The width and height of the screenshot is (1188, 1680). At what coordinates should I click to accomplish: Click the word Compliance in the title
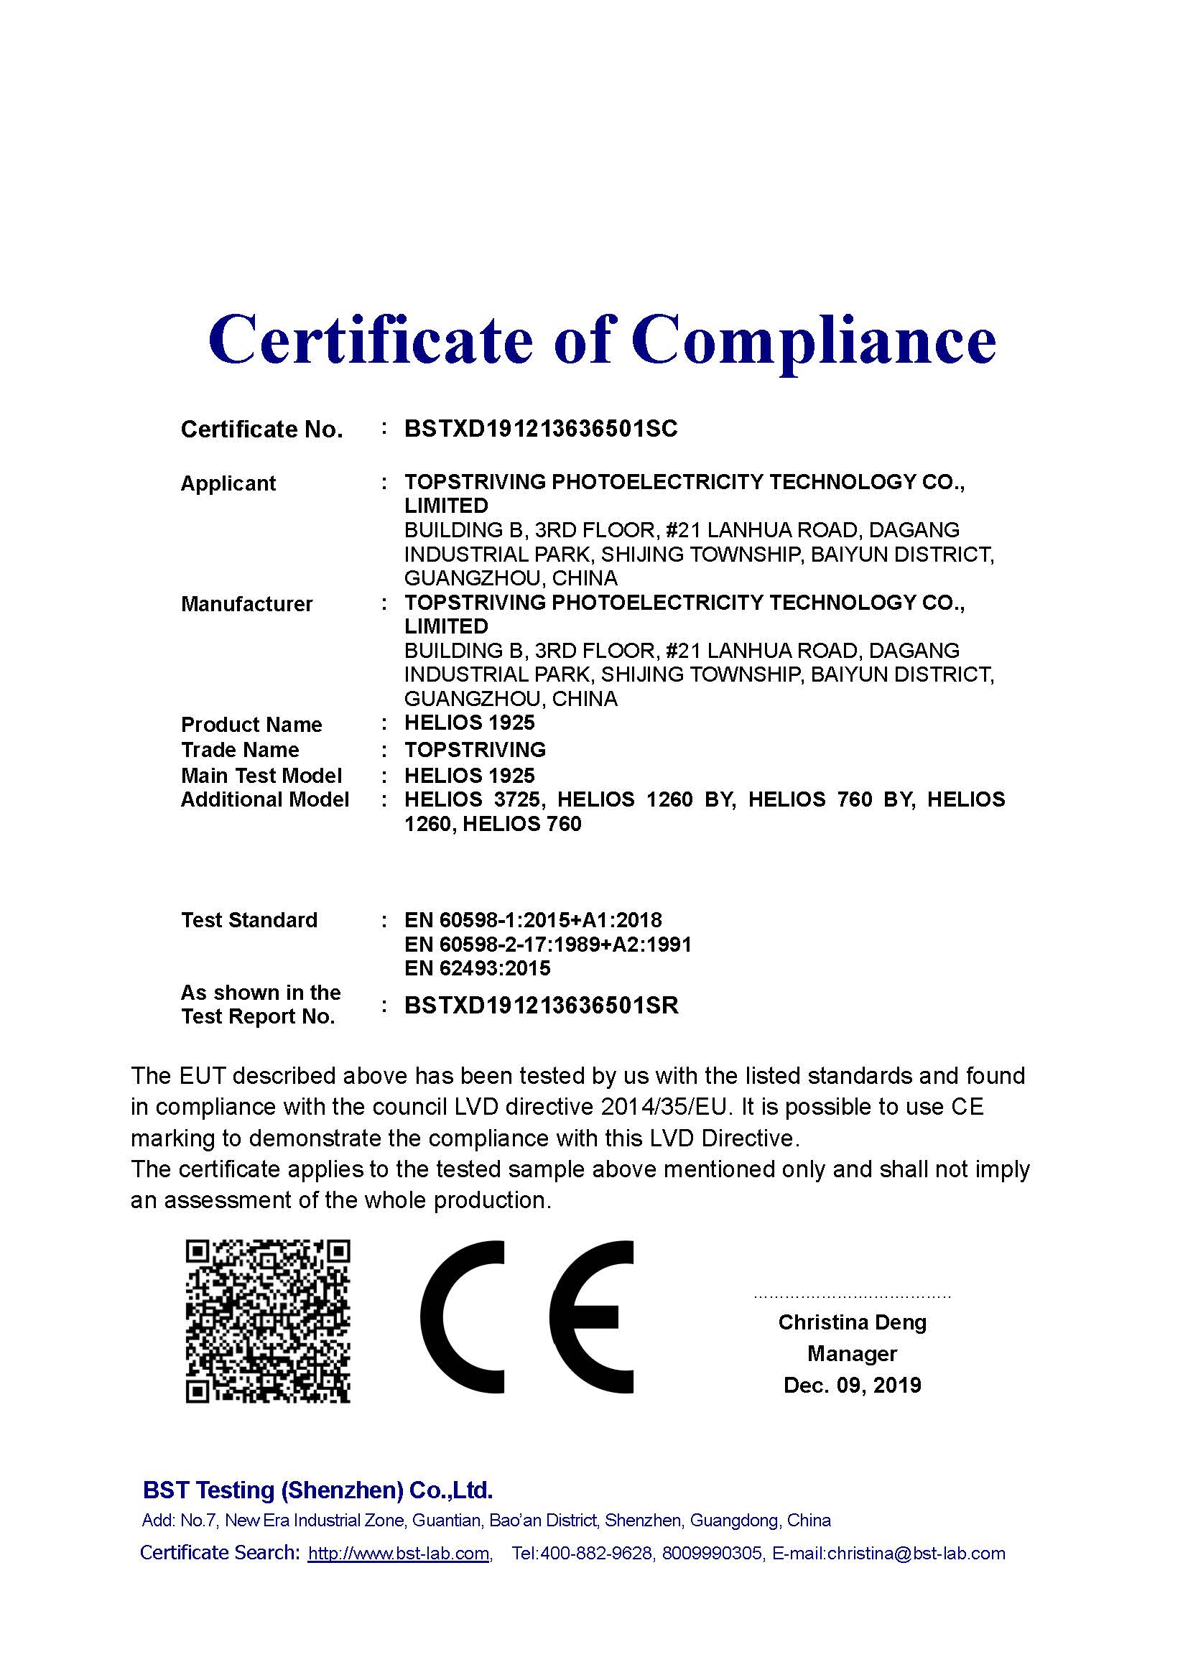pyautogui.click(x=814, y=340)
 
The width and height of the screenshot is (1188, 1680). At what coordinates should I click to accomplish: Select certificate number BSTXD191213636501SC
pyautogui.click(x=541, y=429)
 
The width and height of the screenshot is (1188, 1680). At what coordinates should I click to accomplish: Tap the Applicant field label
pyautogui.click(x=228, y=483)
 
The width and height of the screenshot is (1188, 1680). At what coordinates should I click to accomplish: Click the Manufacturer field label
pyautogui.click(x=246, y=603)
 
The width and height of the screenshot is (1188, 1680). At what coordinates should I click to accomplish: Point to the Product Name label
pyautogui.click(x=251, y=725)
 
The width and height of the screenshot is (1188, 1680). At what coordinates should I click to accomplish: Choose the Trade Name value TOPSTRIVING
pyautogui.click(x=475, y=749)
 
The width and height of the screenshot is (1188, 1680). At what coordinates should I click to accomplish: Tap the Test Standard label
pyautogui.click(x=249, y=920)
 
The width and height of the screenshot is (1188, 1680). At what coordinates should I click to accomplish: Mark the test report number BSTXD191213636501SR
pyautogui.click(x=542, y=1006)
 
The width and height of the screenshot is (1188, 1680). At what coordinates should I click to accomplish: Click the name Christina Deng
pyautogui.click(x=853, y=1322)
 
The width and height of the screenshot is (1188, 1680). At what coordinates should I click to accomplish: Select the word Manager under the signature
pyautogui.click(x=853, y=1354)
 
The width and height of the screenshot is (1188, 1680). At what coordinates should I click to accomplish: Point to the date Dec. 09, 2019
pyautogui.click(x=853, y=1385)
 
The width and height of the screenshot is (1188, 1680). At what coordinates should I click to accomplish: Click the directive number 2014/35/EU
pyautogui.click(x=666, y=1106)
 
